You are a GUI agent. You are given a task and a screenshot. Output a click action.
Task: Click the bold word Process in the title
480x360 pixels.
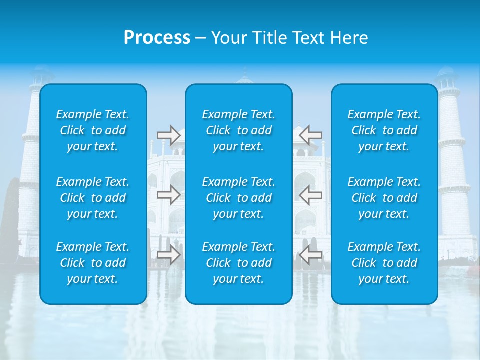tap(157, 38)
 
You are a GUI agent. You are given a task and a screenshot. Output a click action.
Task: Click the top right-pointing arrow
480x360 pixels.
tap(169, 135)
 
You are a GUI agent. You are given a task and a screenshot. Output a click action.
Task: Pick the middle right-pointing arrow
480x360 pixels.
tap(169, 195)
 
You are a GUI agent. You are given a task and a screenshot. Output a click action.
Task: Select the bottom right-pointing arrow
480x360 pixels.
tap(169, 255)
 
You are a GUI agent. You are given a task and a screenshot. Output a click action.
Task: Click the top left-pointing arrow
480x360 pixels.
tap(311, 135)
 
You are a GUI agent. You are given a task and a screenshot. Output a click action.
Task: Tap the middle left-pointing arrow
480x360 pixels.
tap(311, 195)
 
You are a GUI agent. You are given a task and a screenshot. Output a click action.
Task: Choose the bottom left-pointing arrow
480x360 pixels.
tap(311, 255)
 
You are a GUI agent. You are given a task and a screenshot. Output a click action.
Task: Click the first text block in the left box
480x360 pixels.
tap(93, 130)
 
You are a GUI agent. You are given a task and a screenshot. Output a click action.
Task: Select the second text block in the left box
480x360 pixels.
tap(93, 198)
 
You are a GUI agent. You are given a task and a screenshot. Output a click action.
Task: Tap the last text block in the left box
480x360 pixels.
tap(93, 263)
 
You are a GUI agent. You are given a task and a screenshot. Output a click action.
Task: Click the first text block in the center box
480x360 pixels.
tap(239, 130)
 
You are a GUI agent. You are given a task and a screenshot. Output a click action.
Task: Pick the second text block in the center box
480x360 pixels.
tap(239, 198)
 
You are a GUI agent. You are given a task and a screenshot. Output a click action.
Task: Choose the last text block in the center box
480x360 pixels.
tap(239, 263)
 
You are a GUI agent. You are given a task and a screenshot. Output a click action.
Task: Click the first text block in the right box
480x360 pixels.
tap(384, 130)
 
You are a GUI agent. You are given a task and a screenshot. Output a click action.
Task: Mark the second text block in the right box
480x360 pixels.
tap(384, 198)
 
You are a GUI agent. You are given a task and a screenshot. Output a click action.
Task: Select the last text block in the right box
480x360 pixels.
tap(384, 263)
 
